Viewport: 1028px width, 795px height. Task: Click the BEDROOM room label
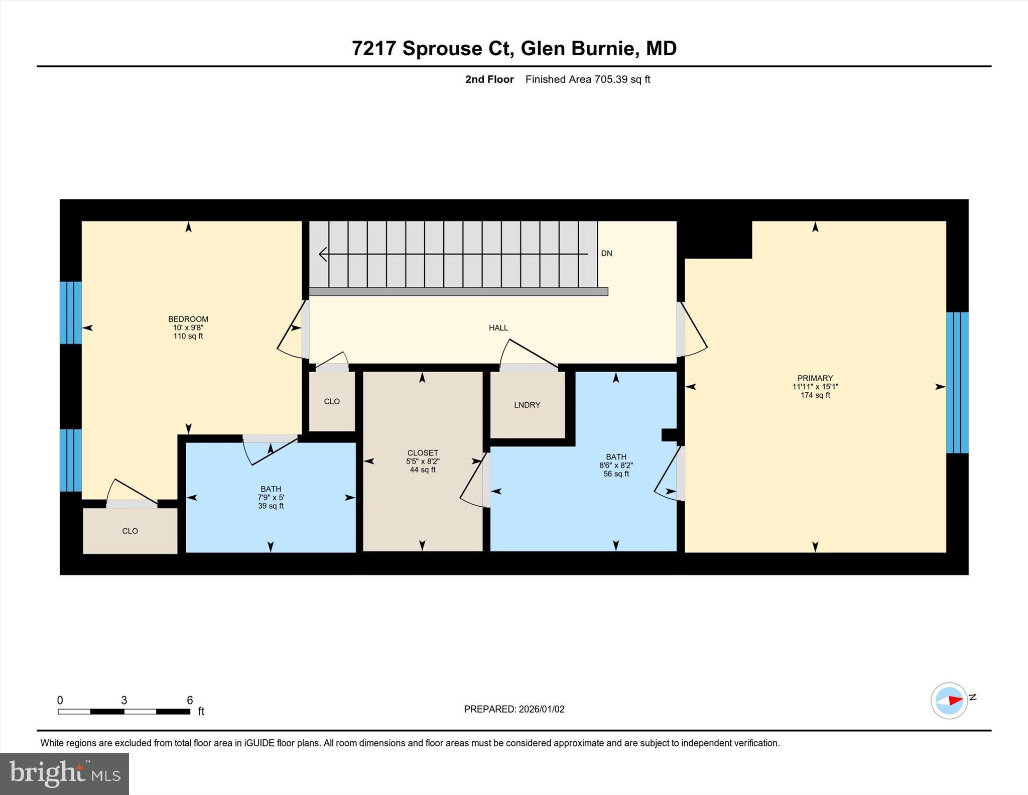[188, 319]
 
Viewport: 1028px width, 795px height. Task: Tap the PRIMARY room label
[815, 378]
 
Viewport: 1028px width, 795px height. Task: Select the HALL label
[498, 328]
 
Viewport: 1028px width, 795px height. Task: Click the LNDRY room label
[527, 405]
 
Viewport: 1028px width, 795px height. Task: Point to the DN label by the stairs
[606, 254]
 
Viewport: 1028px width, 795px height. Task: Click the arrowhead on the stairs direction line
[323, 254]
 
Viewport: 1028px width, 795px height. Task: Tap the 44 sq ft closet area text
[422, 470]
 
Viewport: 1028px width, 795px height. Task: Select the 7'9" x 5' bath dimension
[271, 498]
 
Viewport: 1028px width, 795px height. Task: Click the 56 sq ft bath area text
[616, 474]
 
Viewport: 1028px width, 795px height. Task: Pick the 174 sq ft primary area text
[815, 395]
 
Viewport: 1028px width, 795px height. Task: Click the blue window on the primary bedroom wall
[957, 382]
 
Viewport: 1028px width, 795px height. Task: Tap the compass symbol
[949, 701]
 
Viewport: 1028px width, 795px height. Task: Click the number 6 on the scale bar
[190, 700]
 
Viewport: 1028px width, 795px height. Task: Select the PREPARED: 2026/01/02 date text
[514, 709]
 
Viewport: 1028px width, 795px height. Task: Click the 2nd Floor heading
[489, 79]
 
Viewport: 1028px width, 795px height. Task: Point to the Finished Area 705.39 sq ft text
[587, 79]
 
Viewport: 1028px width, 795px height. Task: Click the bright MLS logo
[64, 773]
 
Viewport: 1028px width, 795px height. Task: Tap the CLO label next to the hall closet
[332, 401]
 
